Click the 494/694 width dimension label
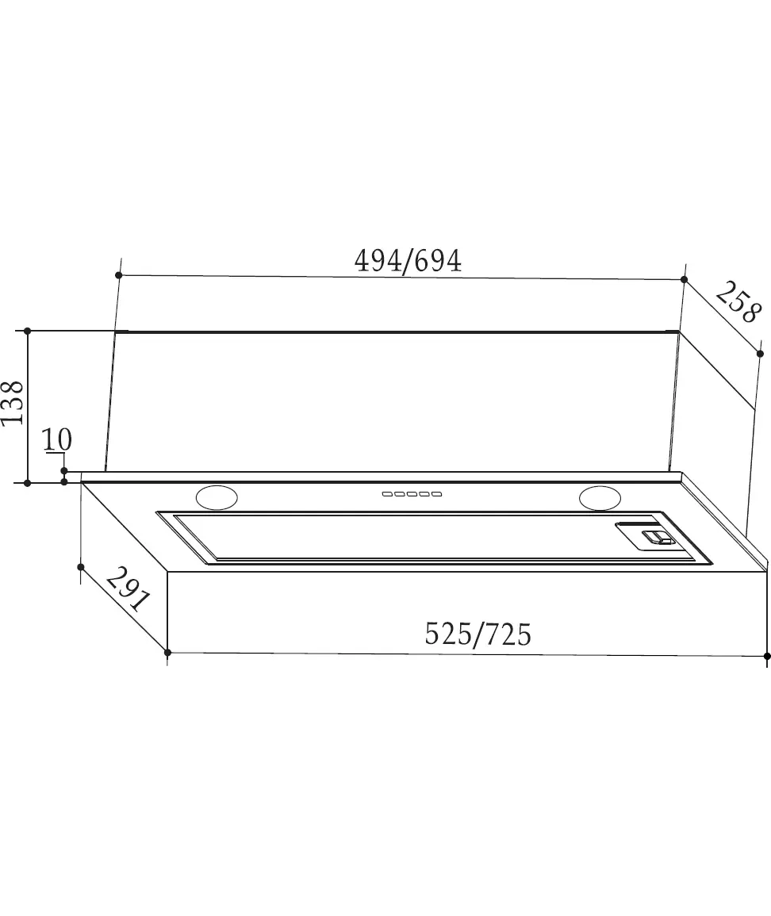point(408,261)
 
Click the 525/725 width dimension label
point(478,634)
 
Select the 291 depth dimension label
point(128,588)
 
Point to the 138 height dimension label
point(12,403)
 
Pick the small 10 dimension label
point(57,439)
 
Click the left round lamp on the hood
point(217,498)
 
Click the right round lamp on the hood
point(600,498)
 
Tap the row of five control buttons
point(412,494)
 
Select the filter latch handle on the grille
point(657,537)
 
